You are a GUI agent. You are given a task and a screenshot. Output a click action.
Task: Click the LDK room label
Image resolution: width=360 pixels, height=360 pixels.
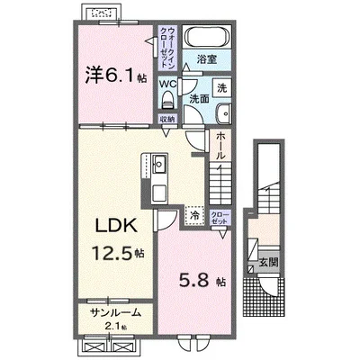click(x=116, y=226)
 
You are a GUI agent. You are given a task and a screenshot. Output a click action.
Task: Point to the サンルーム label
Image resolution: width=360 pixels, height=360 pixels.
click(x=116, y=313)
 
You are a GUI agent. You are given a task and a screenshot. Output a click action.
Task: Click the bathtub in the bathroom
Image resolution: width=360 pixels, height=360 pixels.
click(x=207, y=37)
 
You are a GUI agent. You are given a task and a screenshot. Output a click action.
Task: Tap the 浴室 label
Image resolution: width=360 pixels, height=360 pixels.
click(x=207, y=59)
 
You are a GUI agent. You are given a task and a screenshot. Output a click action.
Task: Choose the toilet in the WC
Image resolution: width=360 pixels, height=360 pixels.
click(x=167, y=100)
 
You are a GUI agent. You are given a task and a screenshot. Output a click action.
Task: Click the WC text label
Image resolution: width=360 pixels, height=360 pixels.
click(x=167, y=84)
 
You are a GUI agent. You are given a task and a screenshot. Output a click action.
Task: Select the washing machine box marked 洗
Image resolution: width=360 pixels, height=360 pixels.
click(x=222, y=88)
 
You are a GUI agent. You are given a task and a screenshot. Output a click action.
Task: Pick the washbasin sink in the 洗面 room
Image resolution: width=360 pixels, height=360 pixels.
click(x=224, y=113)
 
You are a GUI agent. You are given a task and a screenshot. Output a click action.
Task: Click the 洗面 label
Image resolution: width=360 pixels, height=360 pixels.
click(x=199, y=99)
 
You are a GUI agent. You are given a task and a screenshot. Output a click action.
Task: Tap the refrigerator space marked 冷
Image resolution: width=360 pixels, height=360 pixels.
click(x=195, y=215)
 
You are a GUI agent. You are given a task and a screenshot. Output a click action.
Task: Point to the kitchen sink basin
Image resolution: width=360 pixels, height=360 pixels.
click(x=159, y=164)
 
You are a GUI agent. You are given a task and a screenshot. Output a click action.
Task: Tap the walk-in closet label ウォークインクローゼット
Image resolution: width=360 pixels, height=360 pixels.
click(x=167, y=48)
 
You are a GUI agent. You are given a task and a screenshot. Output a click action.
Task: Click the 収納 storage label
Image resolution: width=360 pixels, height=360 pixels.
click(x=167, y=119)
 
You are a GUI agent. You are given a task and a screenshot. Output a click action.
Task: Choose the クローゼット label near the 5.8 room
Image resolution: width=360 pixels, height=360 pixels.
click(x=220, y=218)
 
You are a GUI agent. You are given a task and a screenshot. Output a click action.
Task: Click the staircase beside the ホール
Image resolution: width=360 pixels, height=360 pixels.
click(x=220, y=183)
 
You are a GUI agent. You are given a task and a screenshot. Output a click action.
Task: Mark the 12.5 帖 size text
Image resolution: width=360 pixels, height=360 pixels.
click(x=118, y=253)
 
